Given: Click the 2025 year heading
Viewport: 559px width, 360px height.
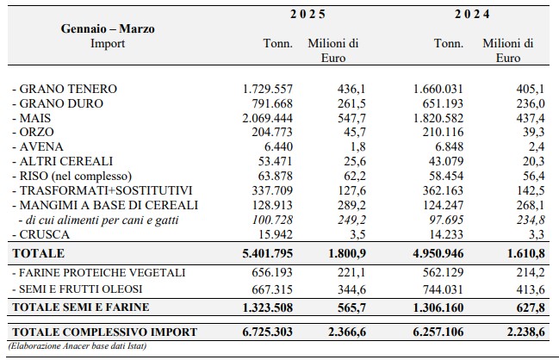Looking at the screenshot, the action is click(307, 15).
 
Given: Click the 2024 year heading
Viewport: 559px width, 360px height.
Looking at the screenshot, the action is click(472, 15).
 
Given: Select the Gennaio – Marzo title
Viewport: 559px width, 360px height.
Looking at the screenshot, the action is click(108, 28).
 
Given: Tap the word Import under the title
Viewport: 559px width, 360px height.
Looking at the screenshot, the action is click(108, 43).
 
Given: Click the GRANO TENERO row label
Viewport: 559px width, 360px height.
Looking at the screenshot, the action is click(65, 89).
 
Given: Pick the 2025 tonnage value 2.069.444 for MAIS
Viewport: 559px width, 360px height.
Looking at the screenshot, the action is click(267, 118).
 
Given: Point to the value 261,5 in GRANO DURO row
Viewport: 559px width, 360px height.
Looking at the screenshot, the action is click(351, 103).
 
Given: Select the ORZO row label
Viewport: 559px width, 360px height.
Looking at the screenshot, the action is click(33, 133).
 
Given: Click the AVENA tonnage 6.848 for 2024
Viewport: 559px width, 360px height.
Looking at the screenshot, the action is click(446, 147).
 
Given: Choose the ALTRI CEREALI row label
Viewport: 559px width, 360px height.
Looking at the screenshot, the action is click(63, 161).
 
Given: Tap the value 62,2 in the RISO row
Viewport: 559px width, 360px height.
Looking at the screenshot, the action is click(355, 176).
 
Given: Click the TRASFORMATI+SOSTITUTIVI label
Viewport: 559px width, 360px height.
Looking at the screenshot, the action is click(102, 190).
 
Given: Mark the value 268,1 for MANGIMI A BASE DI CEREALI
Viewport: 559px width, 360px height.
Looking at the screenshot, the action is click(531, 205).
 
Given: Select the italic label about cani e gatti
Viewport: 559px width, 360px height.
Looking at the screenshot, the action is click(99, 220).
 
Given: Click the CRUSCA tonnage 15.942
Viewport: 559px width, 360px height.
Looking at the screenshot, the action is click(275, 234).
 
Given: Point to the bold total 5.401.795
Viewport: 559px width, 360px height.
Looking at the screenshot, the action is click(267, 253).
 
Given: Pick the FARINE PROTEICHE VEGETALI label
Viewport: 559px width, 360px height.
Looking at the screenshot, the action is click(99, 273).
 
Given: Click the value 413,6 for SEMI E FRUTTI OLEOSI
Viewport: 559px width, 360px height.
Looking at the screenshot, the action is click(531, 289).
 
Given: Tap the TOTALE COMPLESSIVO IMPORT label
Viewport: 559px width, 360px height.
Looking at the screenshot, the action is click(104, 332).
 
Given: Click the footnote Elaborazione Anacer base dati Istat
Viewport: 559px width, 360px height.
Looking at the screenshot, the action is click(78, 346).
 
